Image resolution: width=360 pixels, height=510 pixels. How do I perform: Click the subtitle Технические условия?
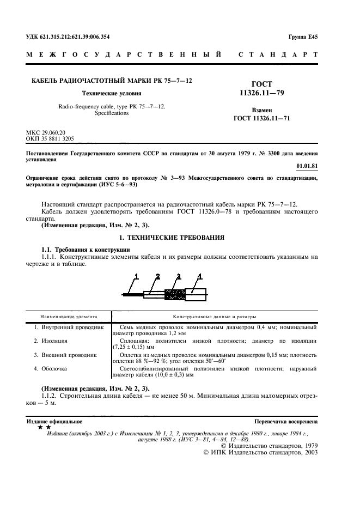111,93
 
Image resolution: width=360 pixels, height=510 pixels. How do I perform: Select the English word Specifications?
111,113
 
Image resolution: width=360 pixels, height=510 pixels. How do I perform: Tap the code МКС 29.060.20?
46,132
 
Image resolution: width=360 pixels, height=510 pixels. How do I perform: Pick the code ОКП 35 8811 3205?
50,139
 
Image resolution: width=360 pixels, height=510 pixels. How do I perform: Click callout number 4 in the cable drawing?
200,276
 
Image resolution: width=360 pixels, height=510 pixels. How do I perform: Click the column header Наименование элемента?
69,316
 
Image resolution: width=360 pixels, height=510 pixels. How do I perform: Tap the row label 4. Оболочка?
51,369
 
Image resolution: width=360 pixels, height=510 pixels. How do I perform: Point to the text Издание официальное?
54,422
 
